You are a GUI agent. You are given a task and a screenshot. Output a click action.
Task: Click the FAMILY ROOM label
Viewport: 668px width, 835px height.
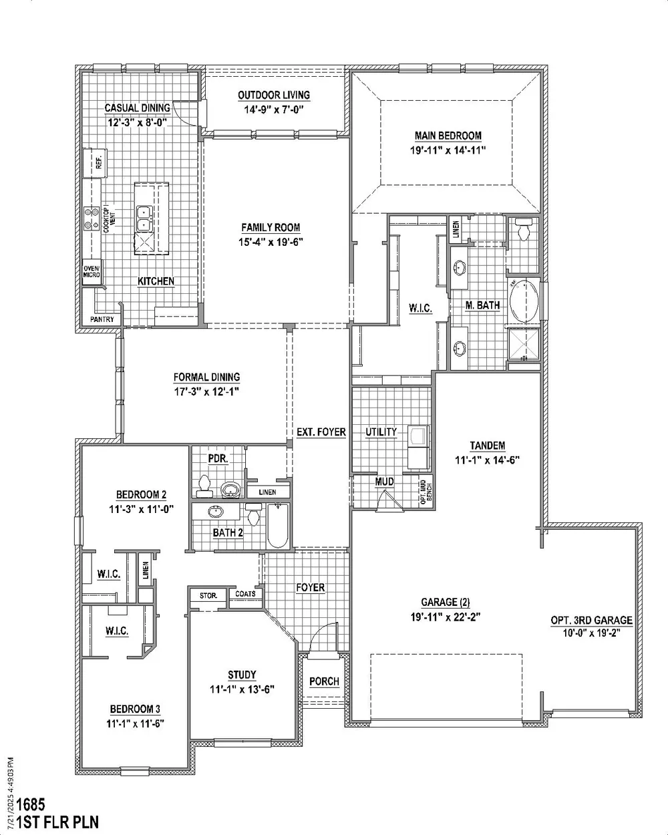(x=271, y=227)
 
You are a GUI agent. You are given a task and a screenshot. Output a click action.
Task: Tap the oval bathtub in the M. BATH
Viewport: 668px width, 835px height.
(x=524, y=301)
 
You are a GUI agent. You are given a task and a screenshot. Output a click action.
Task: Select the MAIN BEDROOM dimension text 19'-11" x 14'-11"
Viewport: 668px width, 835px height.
(x=448, y=150)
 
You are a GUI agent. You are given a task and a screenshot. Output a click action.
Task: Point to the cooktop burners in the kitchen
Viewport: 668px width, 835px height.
(x=92, y=218)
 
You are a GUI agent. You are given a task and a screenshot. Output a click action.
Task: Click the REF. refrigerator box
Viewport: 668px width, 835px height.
(x=95, y=162)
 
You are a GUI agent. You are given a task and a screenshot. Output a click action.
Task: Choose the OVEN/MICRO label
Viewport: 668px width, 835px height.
(x=92, y=272)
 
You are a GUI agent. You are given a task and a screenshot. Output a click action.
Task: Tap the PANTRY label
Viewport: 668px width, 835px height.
(x=102, y=319)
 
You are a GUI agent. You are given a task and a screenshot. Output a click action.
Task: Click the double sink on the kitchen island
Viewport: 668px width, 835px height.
(x=144, y=219)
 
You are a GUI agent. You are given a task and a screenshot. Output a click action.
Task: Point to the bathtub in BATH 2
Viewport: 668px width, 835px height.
(x=278, y=526)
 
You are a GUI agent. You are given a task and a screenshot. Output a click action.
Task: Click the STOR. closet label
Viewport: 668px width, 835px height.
(x=208, y=596)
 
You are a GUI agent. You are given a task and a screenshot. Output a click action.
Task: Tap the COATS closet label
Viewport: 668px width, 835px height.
(x=245, y=594)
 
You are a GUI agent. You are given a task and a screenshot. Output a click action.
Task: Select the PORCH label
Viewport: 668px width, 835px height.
(x=324, y=681)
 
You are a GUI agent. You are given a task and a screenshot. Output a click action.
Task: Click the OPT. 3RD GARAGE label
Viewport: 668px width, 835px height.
(x=592, y=620)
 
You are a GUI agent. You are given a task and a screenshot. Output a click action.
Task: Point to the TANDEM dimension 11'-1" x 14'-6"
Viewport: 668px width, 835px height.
(x=487, y=460)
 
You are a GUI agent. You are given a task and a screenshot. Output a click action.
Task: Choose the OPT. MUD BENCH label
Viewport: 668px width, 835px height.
(x=426, y=491)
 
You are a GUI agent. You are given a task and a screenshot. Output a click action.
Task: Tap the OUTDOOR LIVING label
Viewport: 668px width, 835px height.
(x=274, y=95)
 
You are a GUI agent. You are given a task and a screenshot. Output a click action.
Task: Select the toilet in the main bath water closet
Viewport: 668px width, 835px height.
(x=524, y=228)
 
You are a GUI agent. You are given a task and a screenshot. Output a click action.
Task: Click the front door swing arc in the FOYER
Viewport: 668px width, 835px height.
(x=319, y=631)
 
